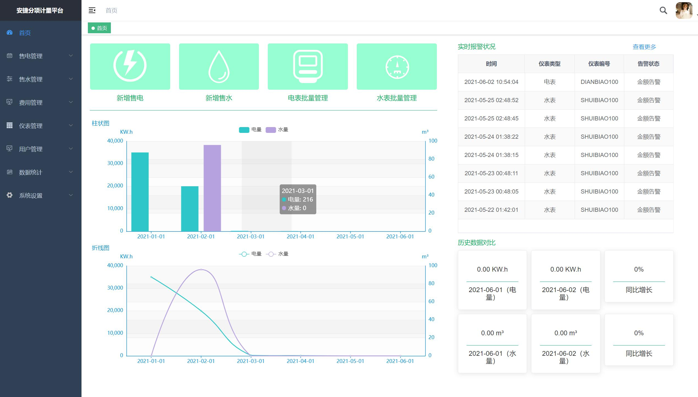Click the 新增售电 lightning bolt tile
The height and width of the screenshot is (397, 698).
coord(130,66)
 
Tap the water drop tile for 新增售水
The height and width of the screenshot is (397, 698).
coord(219,66)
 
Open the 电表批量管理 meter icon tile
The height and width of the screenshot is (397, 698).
coord(308,66)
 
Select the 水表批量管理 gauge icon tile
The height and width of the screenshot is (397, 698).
coord(397,66)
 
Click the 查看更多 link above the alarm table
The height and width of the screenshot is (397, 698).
coord(644,47)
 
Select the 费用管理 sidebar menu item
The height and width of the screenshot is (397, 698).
coord(31,103)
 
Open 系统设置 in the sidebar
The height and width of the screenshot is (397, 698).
coord(31,196)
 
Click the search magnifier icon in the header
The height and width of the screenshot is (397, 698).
coord(663,11)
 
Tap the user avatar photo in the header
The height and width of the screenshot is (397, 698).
coord(684,11)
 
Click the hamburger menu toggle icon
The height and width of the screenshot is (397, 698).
coord(92,11)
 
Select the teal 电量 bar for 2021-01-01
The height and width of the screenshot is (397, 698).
coord(140,192)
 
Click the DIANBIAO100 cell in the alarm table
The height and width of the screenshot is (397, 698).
coord(599,82)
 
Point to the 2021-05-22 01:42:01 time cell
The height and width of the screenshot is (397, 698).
coord(491,210)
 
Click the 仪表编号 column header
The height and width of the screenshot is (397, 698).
coord(599,64)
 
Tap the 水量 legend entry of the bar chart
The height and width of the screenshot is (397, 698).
coord(277,130)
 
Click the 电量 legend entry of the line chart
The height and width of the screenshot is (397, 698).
coord(250,254)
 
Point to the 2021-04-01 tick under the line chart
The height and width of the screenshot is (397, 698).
coord(300,361)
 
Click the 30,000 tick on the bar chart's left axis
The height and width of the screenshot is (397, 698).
coord(115,163)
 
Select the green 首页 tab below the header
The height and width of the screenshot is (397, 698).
coord(99,28)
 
